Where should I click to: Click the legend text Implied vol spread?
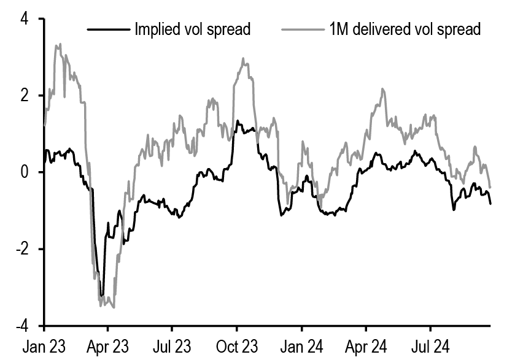click(x=192, y=29)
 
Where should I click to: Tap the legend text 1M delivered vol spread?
click(x=401, y=29)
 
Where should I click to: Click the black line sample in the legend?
click(x=109, y=29)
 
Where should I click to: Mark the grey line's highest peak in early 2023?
click(x=60, y=44)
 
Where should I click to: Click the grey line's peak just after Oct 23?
click(x=243, y=59)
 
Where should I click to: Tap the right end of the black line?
click(x=490, y=203)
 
